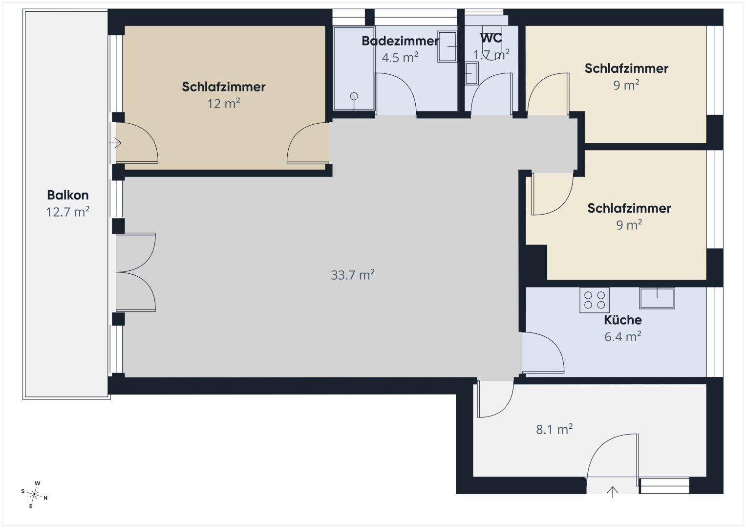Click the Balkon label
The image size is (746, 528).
click(68, 195)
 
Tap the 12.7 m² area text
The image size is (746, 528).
click(68, 212)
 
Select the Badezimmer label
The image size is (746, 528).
click(400, 41)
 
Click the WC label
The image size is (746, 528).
click(491, 38)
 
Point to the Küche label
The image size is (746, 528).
click(623, 320)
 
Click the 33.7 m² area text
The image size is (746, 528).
click(353, 275)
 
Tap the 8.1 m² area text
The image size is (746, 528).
click(554, 429)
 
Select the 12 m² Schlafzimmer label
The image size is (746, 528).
click(223, 87)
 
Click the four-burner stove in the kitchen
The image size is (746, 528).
click(595, 300)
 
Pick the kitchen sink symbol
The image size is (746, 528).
click(657, 298)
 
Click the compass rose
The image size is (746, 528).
click(34, 495)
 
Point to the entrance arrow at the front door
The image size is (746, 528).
click(613, 492)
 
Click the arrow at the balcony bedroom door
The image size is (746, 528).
click(116, 143)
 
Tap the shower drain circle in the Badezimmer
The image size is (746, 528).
click(354, 96)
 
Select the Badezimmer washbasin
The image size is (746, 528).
click(448, 46)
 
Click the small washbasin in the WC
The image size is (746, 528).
click(471, 73)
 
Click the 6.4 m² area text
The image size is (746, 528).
click(623, 337)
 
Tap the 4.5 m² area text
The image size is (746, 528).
click(400, 58)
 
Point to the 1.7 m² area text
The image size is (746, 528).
click(491, 55)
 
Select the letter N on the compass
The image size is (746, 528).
click(45, 498)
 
